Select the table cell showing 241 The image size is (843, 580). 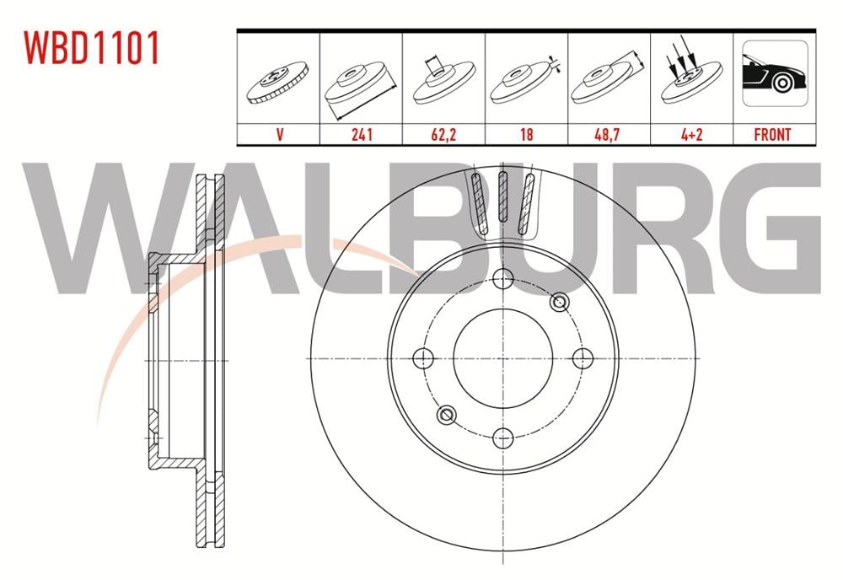tap(361, 134)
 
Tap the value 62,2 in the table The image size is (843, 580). tap(443, 134)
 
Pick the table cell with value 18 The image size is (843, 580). tap(526, 134)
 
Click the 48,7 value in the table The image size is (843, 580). tap(608, 134)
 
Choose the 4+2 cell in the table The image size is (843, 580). tap(690, 134)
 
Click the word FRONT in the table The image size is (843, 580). tap(772, 134)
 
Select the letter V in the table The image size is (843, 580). tap(278, 134)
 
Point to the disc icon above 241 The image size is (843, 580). tap(361, 84)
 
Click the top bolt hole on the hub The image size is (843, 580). tap(503, 280)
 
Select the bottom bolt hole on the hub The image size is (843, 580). tap(503, 437)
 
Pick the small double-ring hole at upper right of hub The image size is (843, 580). tap(559, 303)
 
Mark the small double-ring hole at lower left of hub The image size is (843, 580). tap(448, 414)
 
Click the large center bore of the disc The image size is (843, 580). tap(503, 358)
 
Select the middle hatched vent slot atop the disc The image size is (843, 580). tap(503, 197)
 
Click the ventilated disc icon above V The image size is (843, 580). tap(278, 84)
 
